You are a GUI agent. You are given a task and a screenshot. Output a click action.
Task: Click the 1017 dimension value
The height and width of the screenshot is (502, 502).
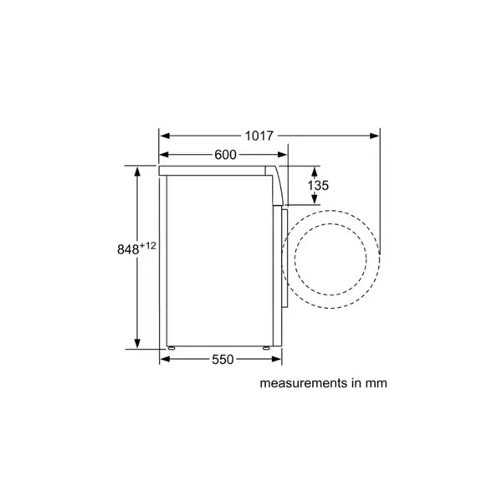259,134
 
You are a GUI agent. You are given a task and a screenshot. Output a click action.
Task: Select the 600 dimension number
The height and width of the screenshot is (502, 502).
224,154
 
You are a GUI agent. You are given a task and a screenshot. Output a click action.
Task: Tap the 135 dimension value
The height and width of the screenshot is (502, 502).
317,185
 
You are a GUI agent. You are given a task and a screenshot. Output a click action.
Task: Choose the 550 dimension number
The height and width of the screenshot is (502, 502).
222,359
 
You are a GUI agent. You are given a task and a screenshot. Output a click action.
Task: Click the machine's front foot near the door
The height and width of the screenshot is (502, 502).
269,346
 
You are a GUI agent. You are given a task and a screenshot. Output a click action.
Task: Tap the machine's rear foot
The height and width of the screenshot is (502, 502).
171,346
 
